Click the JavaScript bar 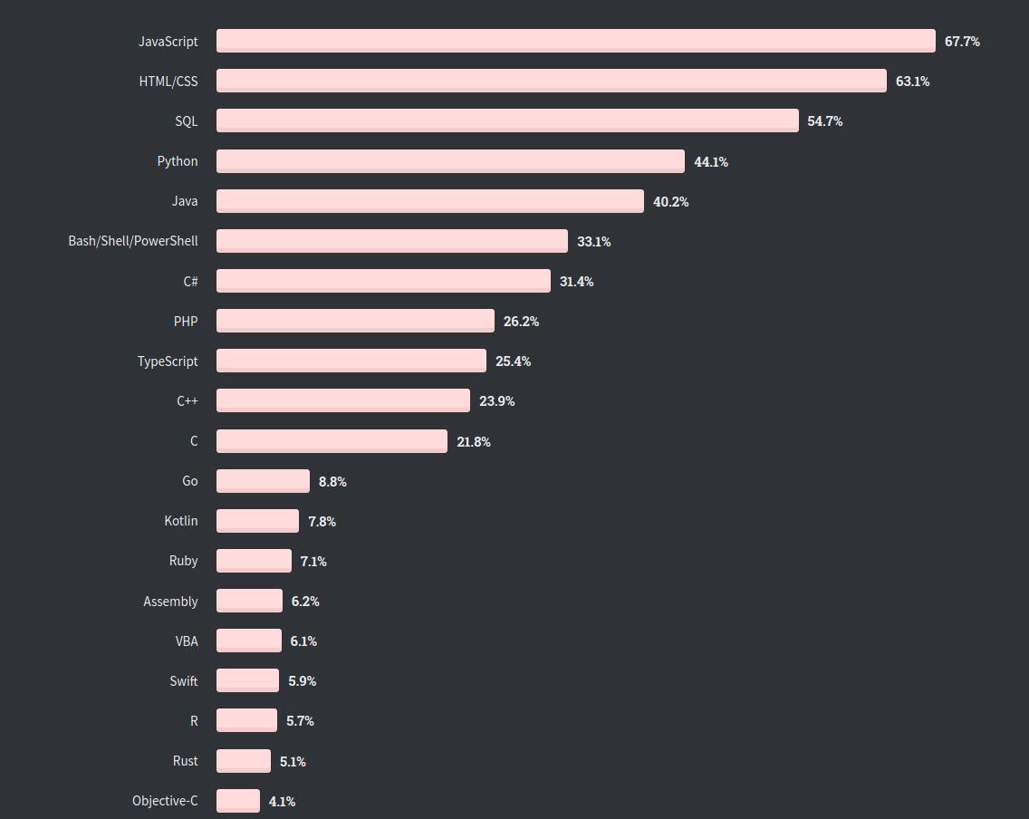575,41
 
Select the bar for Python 450,161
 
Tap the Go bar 263,481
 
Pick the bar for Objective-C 238,801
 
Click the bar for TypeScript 351,361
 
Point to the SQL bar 507,120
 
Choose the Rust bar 244,761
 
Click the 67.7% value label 962,42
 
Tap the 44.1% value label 711,162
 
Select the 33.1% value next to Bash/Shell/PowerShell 594,242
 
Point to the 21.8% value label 474,442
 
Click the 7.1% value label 313,562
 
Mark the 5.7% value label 300,721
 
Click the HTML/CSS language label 168,82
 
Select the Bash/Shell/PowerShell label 133,241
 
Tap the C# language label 190,282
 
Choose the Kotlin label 181,521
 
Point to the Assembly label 170,602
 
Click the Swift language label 184,681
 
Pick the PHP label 186,322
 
